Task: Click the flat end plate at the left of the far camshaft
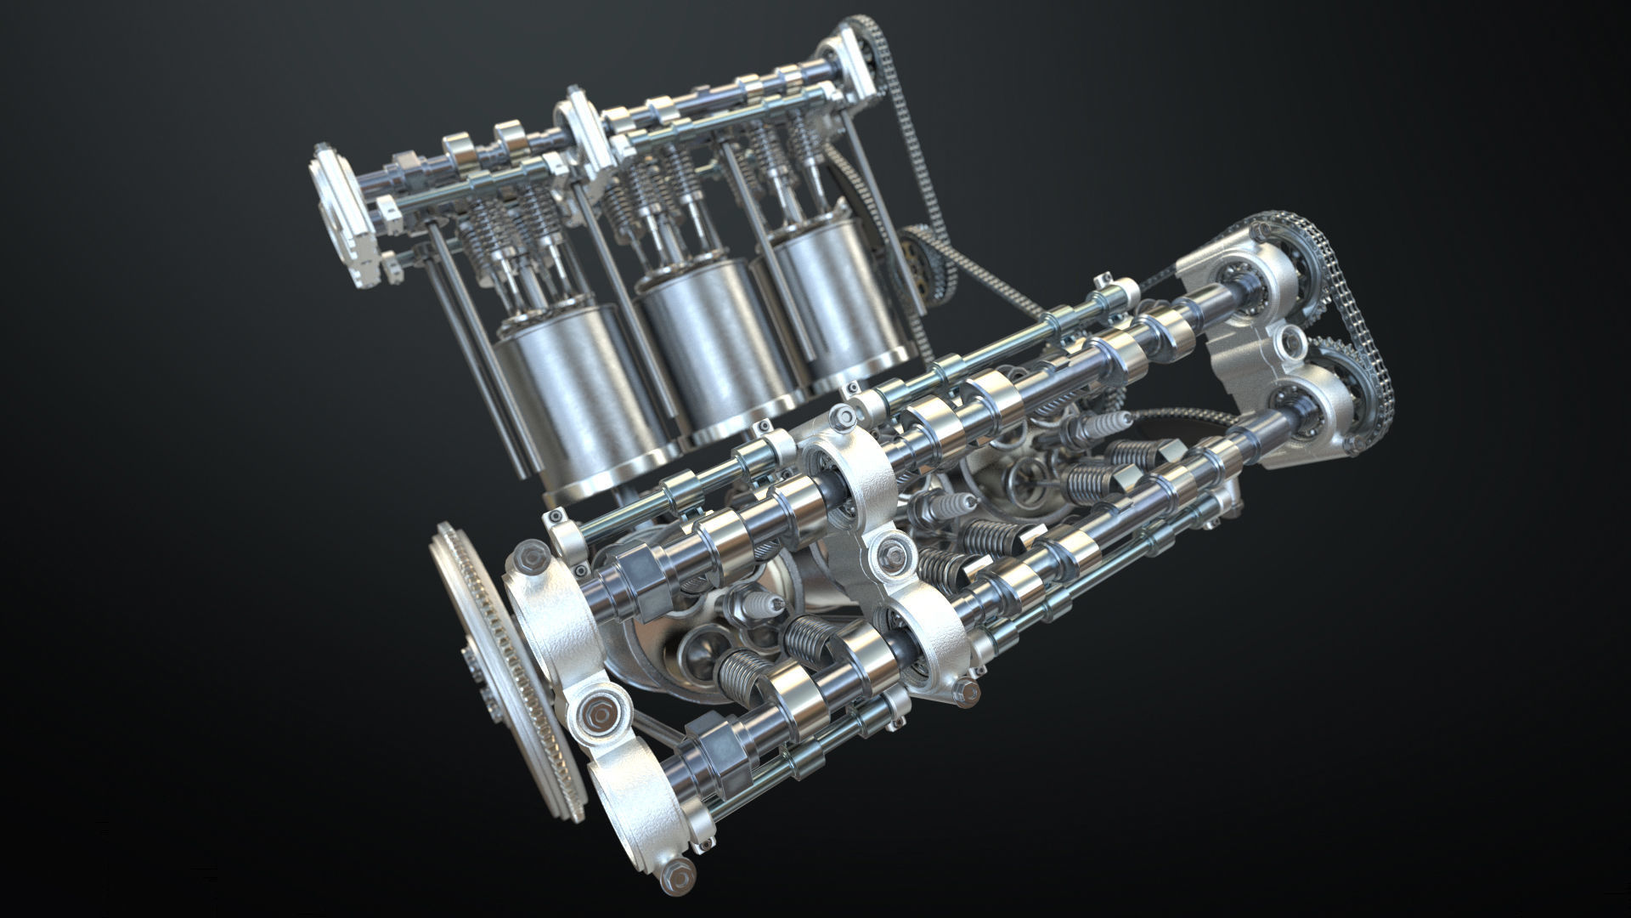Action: (x=344, y=204)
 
